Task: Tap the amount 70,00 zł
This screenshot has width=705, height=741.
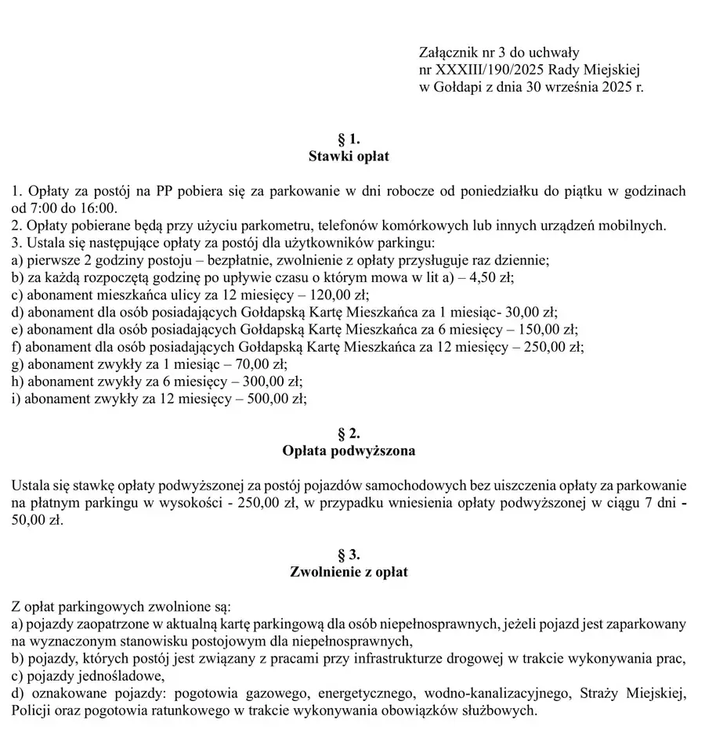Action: point(261,363)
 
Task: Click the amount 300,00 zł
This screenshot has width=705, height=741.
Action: point(274,381)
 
